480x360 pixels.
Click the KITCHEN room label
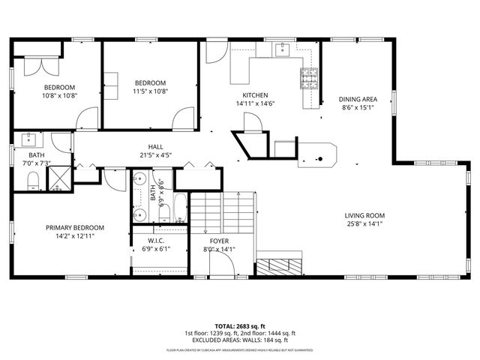coord(255,95)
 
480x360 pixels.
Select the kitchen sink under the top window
coord(283,50)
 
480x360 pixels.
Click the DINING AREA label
coord(357,99)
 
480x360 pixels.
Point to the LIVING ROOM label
coord(364,215)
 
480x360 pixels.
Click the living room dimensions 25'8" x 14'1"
coord(364,223)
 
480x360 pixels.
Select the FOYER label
coord(219,241)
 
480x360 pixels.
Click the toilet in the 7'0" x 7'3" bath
coord(32,181)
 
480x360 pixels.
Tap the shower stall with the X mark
coord(58,178)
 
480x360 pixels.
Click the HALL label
coord(155,147)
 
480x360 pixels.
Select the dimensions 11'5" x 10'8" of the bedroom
coord(150,91)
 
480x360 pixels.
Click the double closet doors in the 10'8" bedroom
coord(35,67)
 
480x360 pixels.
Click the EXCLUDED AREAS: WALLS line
coord(240,340)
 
